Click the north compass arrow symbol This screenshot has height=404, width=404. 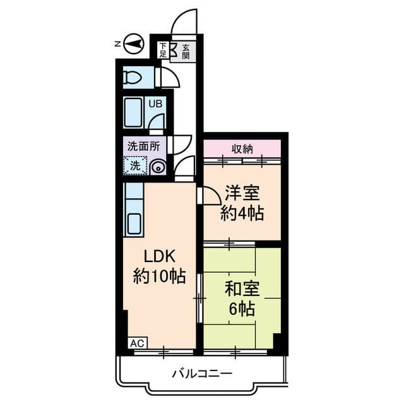(x=134, y=44)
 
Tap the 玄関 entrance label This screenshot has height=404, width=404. (x=186, y=51)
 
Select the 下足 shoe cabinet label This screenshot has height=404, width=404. (x=163, y=50)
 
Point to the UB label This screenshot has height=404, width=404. (x=155, y=104)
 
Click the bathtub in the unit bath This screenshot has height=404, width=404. (x=133, y=114)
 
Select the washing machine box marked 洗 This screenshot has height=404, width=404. (x=135, y=166)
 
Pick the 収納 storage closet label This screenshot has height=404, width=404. (x=242, y=149)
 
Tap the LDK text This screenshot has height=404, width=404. (x=159, y=257)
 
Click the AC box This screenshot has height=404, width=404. (x=137, y=343)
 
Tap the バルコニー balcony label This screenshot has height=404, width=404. (x=202, y=374)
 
